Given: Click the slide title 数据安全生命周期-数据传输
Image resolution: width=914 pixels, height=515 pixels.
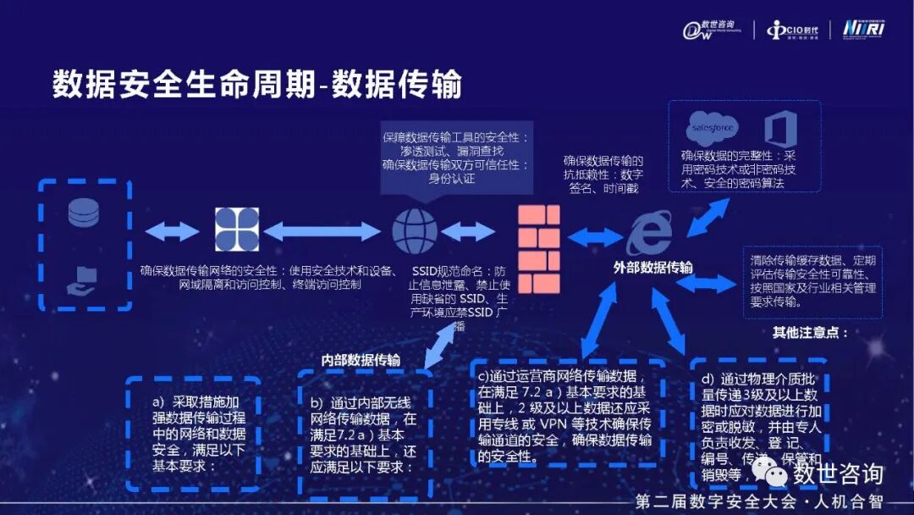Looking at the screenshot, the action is [x=257, y=85].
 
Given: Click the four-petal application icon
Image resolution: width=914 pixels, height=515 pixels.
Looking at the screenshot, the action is [x=237, y=230].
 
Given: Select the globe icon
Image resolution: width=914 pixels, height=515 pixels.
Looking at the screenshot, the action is [x=415, y=230].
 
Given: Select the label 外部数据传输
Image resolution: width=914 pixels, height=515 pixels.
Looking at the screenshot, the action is [x=652, y=268].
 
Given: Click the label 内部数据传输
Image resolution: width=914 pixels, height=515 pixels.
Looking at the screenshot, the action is [x=361, y=359].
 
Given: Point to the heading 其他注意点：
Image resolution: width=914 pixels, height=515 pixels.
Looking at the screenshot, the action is [x=810, y=332].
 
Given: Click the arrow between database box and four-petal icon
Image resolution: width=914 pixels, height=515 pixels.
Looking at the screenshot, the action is [x=173, y=230].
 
